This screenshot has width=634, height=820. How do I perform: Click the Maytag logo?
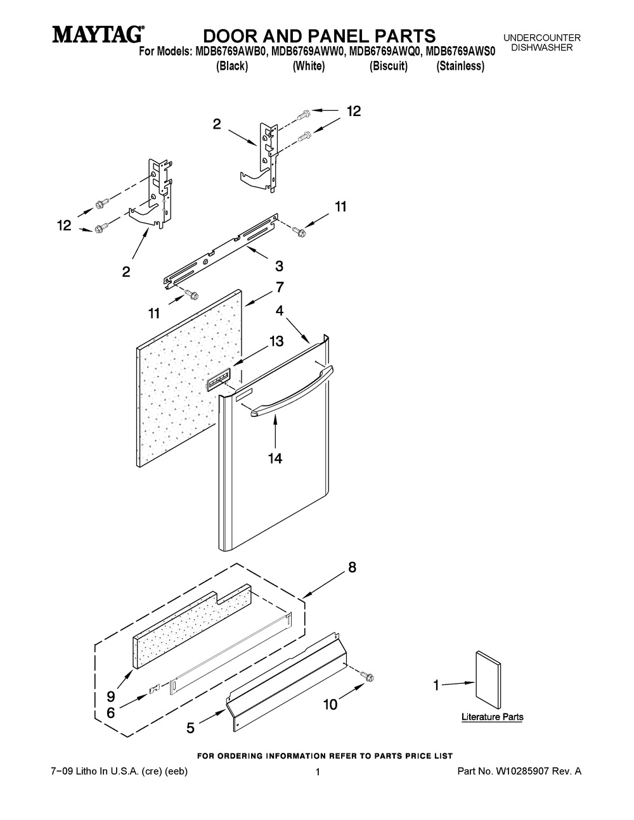click(x=98, y=34)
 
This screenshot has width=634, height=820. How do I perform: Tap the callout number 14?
click(x=275, y=459)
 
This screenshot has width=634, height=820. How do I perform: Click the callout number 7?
click(x=280, y=287)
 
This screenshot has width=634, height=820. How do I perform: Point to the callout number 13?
click(x=276, y=341)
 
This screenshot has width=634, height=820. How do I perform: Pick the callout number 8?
click(x=352, y=577)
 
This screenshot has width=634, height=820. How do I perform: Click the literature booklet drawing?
click(x=488, y=682)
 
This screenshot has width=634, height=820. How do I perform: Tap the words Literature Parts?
click(x=493, y=717)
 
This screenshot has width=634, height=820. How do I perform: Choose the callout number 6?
click(x=110, y=713)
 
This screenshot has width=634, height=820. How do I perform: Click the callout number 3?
click(x=279, y=266)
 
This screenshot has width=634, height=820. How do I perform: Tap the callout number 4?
click(x=280, y=311)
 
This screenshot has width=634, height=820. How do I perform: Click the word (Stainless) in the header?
click(x=460, y=66)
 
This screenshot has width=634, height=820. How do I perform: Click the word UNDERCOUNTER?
click(x=542, y=38)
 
